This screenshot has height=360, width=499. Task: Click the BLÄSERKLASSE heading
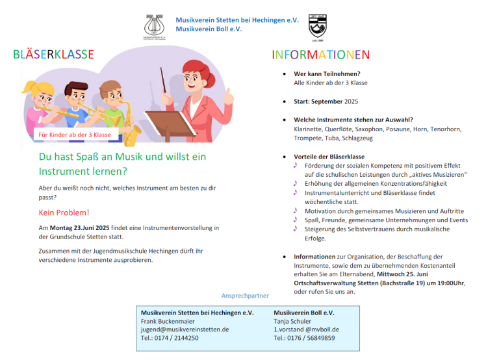pos(53,55)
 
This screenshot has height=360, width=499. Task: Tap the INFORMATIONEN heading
pos(321,55)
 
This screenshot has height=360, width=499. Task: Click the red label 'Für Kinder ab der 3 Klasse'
pos(75,135)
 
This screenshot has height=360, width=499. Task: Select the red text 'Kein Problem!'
pos(64,212)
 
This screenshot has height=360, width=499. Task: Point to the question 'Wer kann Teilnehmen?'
pos(327,74)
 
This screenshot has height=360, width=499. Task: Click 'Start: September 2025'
pos(326,101)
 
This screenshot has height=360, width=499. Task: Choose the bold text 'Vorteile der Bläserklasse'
pos(329,157)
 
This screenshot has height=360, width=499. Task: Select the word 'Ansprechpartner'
pos(245,296)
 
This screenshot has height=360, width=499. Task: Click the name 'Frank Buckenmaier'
pos(167,321)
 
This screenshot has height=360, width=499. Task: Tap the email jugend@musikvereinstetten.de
pos(185,329)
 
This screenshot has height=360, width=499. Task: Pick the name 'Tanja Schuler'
pos(292,321)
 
